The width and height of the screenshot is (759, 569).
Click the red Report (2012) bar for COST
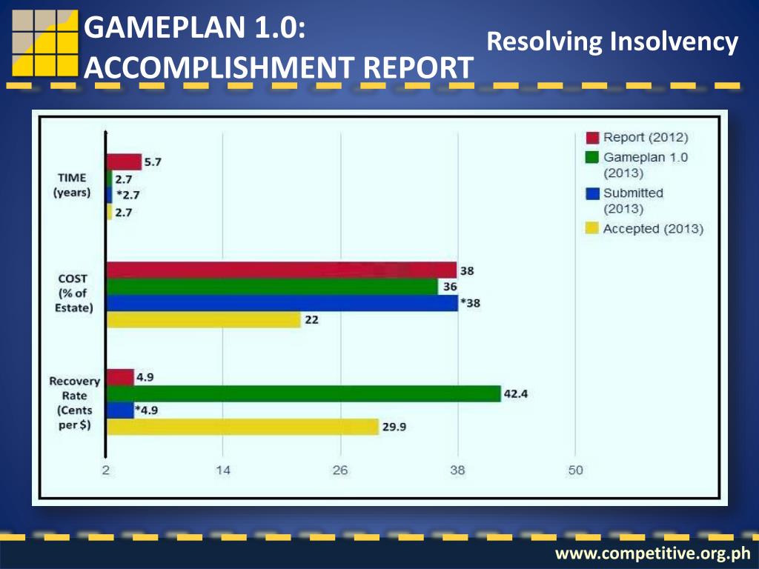(282, 270)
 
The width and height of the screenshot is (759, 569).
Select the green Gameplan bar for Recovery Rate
(304, 394)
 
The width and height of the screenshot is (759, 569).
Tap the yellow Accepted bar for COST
(204, 320)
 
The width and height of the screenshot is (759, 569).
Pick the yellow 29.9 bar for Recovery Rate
(242, 427)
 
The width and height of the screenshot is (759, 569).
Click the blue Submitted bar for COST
(282, 303)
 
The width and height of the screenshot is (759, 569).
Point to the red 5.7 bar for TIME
(124, 162)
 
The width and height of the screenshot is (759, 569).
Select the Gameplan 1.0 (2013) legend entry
(645, 165)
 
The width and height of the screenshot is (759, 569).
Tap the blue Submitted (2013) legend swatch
(592, 193)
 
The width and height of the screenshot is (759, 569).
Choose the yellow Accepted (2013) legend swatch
(592, 229)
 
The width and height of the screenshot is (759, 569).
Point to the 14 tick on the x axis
(223, 470)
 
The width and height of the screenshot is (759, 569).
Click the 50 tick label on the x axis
(575, 470)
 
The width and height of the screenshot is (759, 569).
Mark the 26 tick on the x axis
(340, 470)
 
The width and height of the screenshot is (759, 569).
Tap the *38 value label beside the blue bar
(470, 303)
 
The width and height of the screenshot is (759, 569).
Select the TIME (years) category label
(71, 185)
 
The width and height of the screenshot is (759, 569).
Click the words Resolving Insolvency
(612, 42)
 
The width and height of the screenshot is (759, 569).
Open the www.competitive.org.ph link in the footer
(653, 553)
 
